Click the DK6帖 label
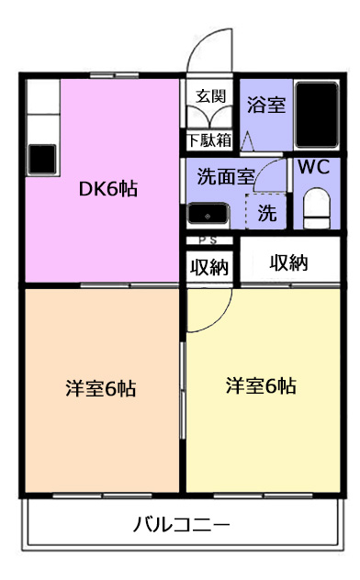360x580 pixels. tap(108, 189)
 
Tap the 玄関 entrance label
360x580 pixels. tap(210, 96)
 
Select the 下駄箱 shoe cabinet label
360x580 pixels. tap(209, 140)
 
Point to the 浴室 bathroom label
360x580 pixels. tap(266, 105)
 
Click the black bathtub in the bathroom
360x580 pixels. tap(317, 115)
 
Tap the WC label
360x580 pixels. tap(314, 167)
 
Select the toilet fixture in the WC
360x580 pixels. tap(316, 208)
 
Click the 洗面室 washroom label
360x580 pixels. tap(226, 176)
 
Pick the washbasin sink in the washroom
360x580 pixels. tap(208, 214)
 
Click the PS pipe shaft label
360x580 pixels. tap(208, 240)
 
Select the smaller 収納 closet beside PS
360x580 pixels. tap(209, 266)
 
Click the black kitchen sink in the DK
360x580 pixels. tap(42, 159)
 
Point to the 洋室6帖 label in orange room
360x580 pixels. tap(101, 388)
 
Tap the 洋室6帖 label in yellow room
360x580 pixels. tap(261, 385)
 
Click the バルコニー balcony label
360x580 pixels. tap(181, 525)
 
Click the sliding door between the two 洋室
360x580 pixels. tap(182, 390)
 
